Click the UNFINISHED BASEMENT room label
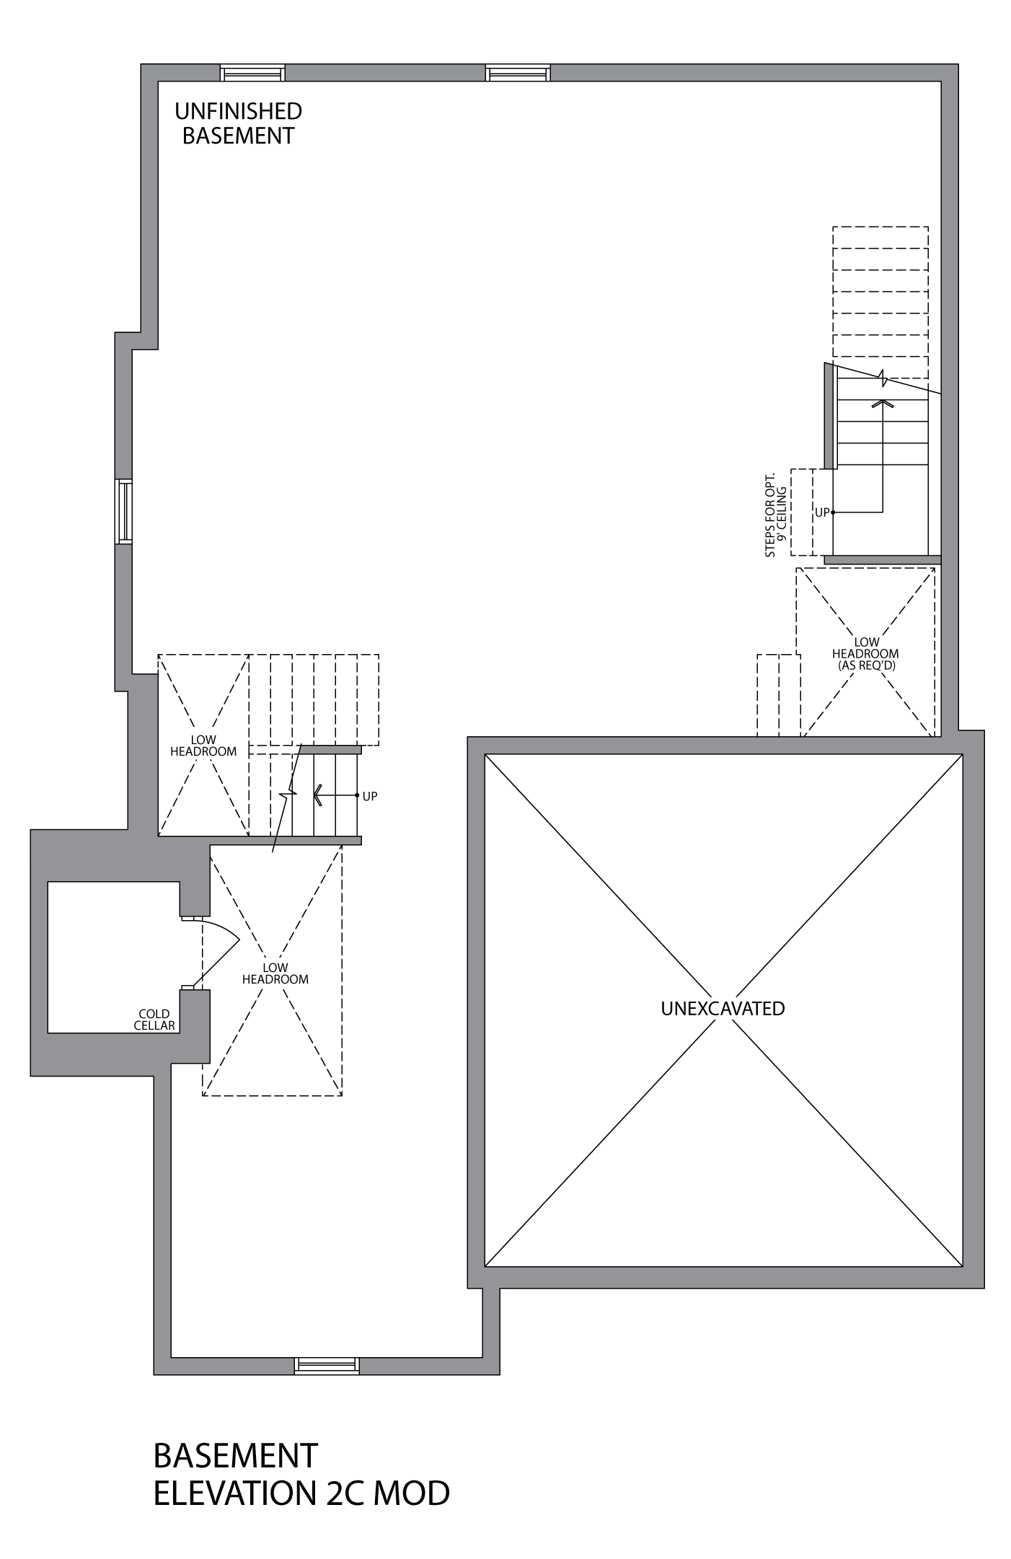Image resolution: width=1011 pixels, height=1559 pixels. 238,123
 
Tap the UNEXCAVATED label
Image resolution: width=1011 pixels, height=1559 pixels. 723,1008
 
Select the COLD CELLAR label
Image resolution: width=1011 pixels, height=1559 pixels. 154,1020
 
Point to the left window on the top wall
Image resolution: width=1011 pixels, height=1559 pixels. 252,73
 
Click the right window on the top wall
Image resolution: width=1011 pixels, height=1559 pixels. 518,73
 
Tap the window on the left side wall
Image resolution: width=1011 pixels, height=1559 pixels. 124,511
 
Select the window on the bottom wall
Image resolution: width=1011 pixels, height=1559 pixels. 327,1365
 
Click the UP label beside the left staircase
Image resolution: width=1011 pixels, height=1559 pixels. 370,796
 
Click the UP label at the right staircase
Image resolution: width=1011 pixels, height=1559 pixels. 822,513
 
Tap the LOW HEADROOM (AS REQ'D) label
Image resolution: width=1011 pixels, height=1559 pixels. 866,653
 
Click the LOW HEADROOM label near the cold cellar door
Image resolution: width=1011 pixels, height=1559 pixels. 275,973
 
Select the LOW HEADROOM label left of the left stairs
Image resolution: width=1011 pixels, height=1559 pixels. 203,746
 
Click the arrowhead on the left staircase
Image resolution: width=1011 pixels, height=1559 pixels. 318,795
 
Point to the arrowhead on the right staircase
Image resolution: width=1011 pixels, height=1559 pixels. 882,403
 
